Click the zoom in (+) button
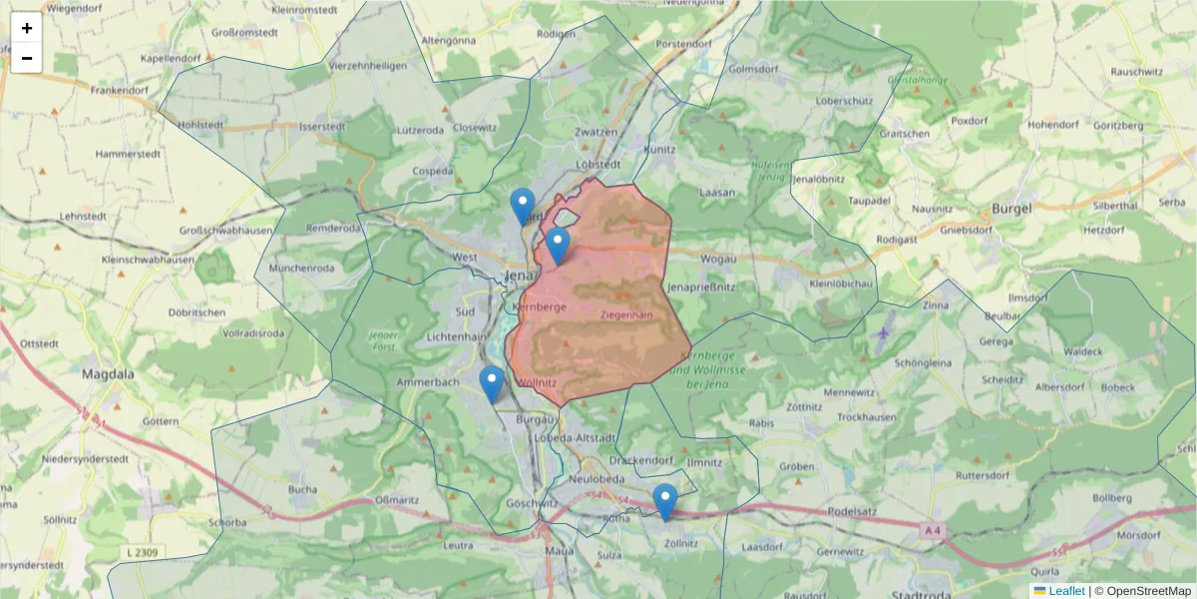pyautogui.click(x=27, y=28)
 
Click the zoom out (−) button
pyautogui.click(x=27, y=58)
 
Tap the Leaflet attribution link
pyautogui.click(x=1066, y=591)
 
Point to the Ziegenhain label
pyautogui.click(x=627, y=314)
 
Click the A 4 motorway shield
pyautogui.click(x=932, y=531)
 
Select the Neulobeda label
pyautogui.click(x=596, y=479)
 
